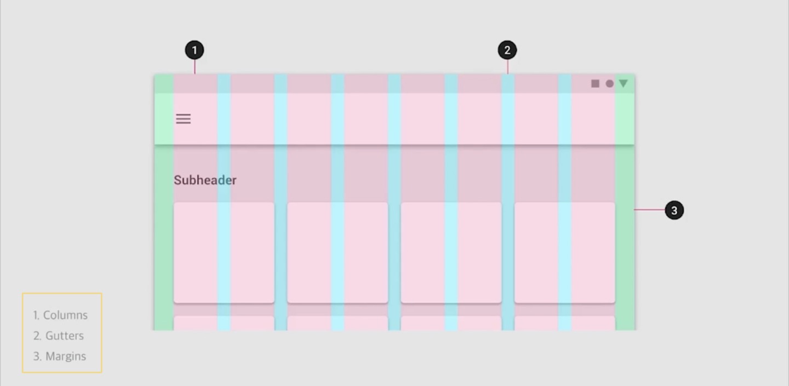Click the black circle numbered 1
(x=195, y=51)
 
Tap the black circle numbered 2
(x=507, y=50)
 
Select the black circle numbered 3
(x=674, y=210)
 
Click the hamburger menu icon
(x=183, y=119)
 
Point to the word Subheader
(x=205, y=180)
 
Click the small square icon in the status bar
(x=595, y=83)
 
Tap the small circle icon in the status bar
(x=609, y=83)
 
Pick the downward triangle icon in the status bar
(x=623, y=83)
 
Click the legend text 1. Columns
(x=60, y=315)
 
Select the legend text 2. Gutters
(x=59, y=336)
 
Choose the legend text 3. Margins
(x=60, y=356)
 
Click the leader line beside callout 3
(x=649, y=209)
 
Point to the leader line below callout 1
(x=195, y=67)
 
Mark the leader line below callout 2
(x=507, y=67)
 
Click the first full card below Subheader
(x=224, y=252)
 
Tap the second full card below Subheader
(x=338, y=252)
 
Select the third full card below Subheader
(x=451, y=252)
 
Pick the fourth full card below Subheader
(x=564, y=252)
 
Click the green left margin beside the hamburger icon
(x=164, y=119)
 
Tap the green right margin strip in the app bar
(x=625, y=119)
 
